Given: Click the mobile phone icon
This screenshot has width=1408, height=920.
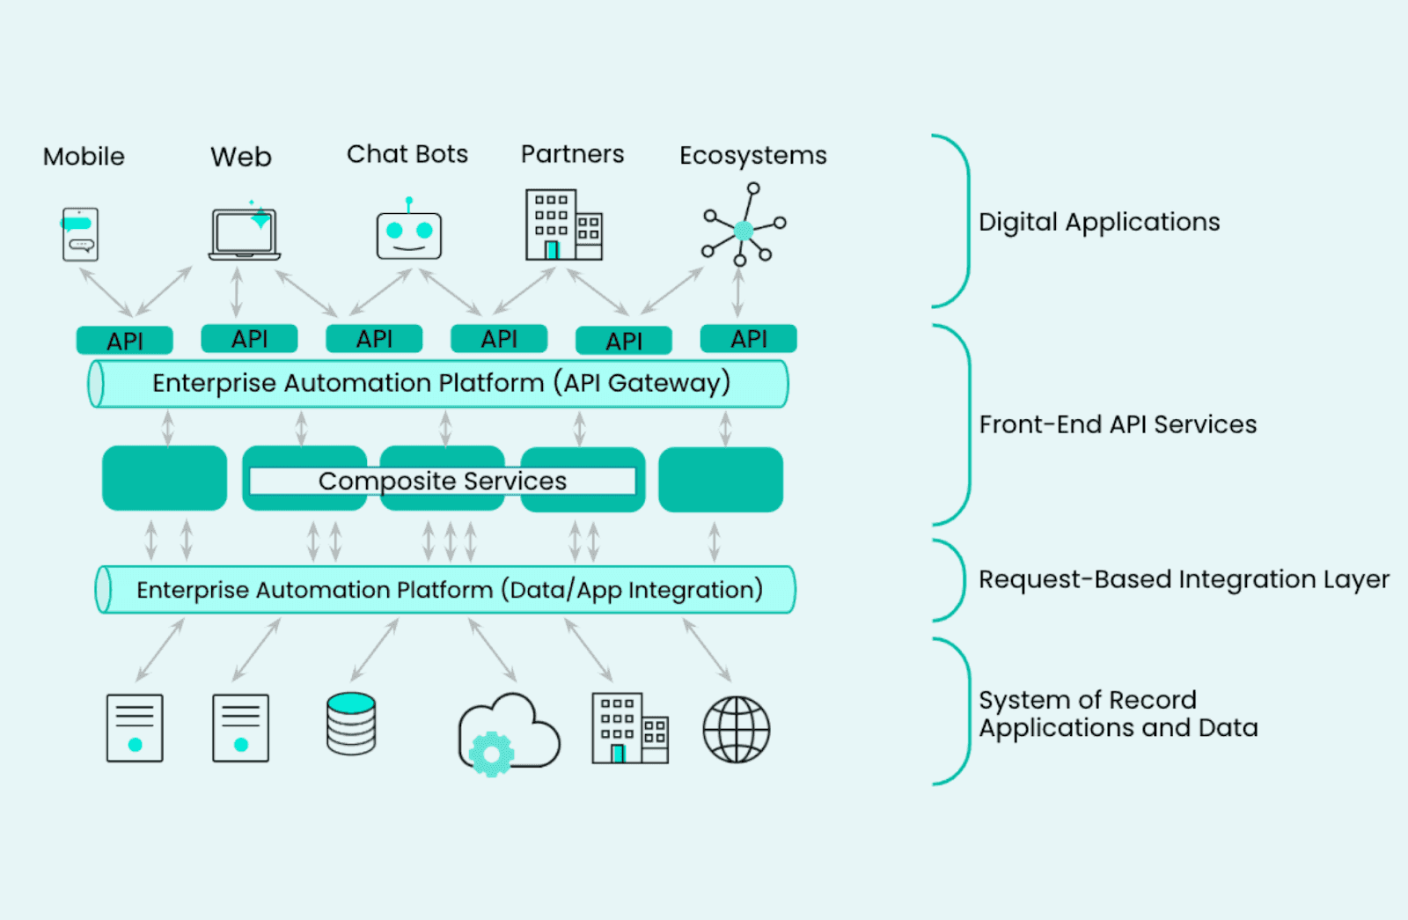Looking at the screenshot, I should pos(80,234).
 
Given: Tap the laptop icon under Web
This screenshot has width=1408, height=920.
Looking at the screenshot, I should pos(245,234).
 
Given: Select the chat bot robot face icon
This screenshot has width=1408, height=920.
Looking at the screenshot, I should pos(409,234).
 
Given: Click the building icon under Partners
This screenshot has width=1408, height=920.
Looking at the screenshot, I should pos(563,225).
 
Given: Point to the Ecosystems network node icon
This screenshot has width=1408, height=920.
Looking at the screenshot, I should pos(744,227).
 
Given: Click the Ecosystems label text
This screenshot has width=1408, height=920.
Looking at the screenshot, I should pos(752,155).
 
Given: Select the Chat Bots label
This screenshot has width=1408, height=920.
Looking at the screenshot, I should pos(407,154).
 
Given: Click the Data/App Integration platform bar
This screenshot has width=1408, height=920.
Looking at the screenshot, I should pos(445,590).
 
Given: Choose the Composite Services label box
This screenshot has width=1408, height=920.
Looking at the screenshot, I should pos(442,481).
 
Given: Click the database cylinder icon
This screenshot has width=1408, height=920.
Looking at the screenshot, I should pos(351,724).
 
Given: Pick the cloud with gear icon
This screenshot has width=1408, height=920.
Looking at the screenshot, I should pos(509,733).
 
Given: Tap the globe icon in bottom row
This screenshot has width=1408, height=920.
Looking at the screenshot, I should pos(737,729).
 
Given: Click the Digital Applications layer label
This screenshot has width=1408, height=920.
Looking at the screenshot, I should pos(1099,222).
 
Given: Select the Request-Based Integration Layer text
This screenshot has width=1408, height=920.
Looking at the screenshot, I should pos(1184,579).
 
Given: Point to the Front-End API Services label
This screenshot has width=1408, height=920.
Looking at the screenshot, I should pos(1118,424).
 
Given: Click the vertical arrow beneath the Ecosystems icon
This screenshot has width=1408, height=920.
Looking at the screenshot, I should pos(737,292).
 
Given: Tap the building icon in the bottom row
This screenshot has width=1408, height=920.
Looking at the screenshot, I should pos(629,728).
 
